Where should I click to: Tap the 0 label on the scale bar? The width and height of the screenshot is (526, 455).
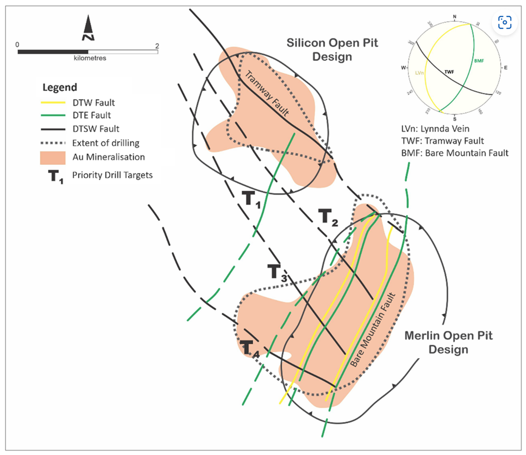coord(18,45)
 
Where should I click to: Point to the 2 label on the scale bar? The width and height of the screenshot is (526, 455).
coord(157,45)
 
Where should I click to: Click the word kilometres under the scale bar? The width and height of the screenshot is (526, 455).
coord(88,58)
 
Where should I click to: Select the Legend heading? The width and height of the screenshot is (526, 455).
coord(59,88)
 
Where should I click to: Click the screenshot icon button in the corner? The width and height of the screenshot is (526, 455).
coord(504,22)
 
